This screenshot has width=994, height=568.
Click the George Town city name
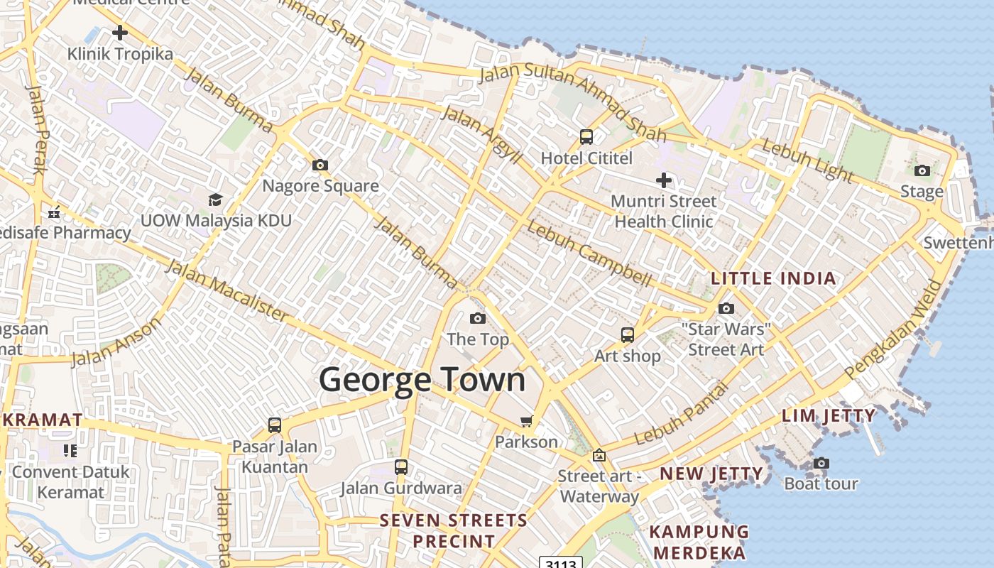pyautogui.click(x=422, y=380)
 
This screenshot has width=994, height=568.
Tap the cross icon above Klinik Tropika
pyautogui.click(x=120, y=32)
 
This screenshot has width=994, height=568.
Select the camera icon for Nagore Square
pyautogui.click(x=320, y=165)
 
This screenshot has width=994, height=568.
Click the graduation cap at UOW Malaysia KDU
pyautogui.click(x=215, y=200)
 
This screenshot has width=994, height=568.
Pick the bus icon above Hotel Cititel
pyautogui.click(x=586, y=137)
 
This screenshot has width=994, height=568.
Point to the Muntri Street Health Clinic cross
pyautogui.click(x=664, y=180)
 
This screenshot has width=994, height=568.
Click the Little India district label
pyautogui.click(x=773, y=278)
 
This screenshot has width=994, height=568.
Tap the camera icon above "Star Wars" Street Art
pyautogui.click(x=726, y=308)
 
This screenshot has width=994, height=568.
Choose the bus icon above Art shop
pyautogui.click(x=628, y=335)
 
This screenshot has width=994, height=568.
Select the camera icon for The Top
pyautogui.click(x=478, y=318)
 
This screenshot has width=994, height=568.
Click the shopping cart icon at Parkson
pyautogui.click(x=526, y=422)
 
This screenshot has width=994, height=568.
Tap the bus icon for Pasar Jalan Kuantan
pyautogui.click(x=275, y=425)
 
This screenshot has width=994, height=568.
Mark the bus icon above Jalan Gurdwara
pyautogui.click(x=401, y=467)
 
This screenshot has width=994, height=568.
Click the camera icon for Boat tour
pyautogui.click(x=821, y=464)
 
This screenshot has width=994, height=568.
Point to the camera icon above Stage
pyautogui.click(x=922, y=170)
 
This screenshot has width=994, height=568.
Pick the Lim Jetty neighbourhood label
pyautogui.click(x=829, y=415)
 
